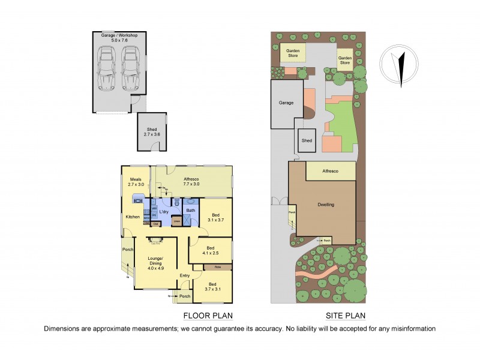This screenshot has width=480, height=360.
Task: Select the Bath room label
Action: tap(190, 210)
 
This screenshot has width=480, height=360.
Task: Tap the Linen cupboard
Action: tap(177, 221)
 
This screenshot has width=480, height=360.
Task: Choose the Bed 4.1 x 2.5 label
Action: tap(210, 251)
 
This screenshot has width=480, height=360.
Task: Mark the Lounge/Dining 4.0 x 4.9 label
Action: tap(156, 263)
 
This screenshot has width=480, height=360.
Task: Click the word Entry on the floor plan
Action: tap(184, 275)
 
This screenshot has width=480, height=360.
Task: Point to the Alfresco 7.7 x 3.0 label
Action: tap(191, 182)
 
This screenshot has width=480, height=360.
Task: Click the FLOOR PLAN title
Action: tap(207, 315)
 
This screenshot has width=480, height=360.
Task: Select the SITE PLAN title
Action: tap(346, 315)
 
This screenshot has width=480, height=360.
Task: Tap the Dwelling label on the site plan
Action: tap(326, 205)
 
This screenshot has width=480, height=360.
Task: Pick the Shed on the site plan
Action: tap(307, 140)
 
